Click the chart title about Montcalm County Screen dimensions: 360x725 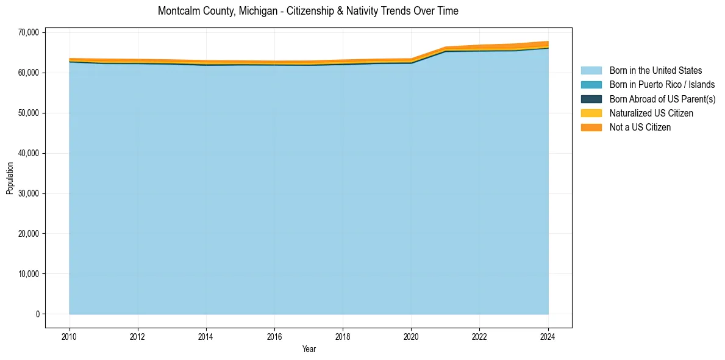pyautogui.click(x=308, y=11)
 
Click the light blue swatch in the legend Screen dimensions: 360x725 pyautogui.click(x=591, y=71)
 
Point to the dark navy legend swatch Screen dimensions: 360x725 pyautogui.click(x=591, y=99)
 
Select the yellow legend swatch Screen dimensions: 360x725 pyautogui.click(x=591, y=113)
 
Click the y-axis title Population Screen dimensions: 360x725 pyautogui.click(x=10, y=178)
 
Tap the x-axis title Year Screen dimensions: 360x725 pyautogui.click(x=309, y=350)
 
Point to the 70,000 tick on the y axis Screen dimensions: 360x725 pyautogui.click(x=28, y=32)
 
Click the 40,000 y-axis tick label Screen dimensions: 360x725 pyautogui.click(x=28, y=153)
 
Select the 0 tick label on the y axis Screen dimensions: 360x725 pyautogui.click(x=37, y=314)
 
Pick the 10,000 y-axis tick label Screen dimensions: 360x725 pyautogui.click(x=28, y=274)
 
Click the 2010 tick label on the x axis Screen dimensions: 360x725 pyautogui.click(x=70, y=337)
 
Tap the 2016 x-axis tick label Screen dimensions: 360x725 pyautogui.click(x=274, y=337)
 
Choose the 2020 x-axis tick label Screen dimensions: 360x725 pyautogui.click(x=411, y=337)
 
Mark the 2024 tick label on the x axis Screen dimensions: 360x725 pyautogui.click(x=548, y=337)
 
